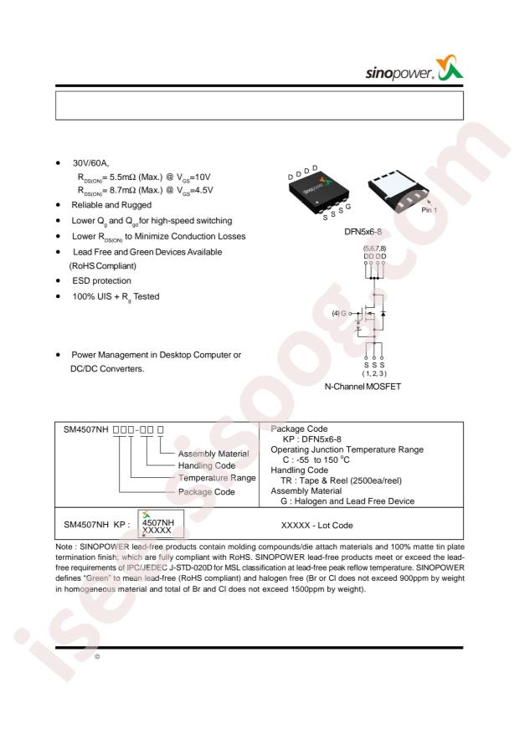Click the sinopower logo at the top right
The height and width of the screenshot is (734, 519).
[x=414, y=69]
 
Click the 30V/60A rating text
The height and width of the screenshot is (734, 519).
[x=90, y=163]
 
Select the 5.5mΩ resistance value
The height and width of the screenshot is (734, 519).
[x=122, y=177]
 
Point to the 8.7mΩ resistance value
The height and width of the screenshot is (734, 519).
[x=122, y=190]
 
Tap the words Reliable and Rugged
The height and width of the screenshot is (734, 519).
[x=111, y=205]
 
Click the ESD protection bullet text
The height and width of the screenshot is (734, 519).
[x=101, y=281]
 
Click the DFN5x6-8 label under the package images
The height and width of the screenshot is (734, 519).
[x=362, y=232]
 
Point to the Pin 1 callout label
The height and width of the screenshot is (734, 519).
[x=429, y=210]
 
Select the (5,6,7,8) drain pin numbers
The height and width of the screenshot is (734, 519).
[x=374, y=249]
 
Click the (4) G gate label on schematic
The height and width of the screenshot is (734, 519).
[x=339, y=313]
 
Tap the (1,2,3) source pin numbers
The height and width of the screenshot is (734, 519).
[x=374, y=373]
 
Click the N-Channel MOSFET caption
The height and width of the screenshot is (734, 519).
[x=362, y=387]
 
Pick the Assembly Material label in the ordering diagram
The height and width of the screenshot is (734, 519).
[x=213, y=454]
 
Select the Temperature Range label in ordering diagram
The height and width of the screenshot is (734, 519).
[x=217, y=478]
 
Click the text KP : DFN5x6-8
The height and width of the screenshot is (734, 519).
[x=311, y=439]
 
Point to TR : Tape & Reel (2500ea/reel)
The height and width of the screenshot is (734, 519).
[x=341, y=480]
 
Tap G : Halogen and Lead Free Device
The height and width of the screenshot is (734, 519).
[x=347, y=501]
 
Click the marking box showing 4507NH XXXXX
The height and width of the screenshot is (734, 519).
[x=161, y=524]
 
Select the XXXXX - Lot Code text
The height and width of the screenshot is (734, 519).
[x=316, y=526]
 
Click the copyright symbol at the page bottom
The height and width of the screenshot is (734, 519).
[x=97, y=657]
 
